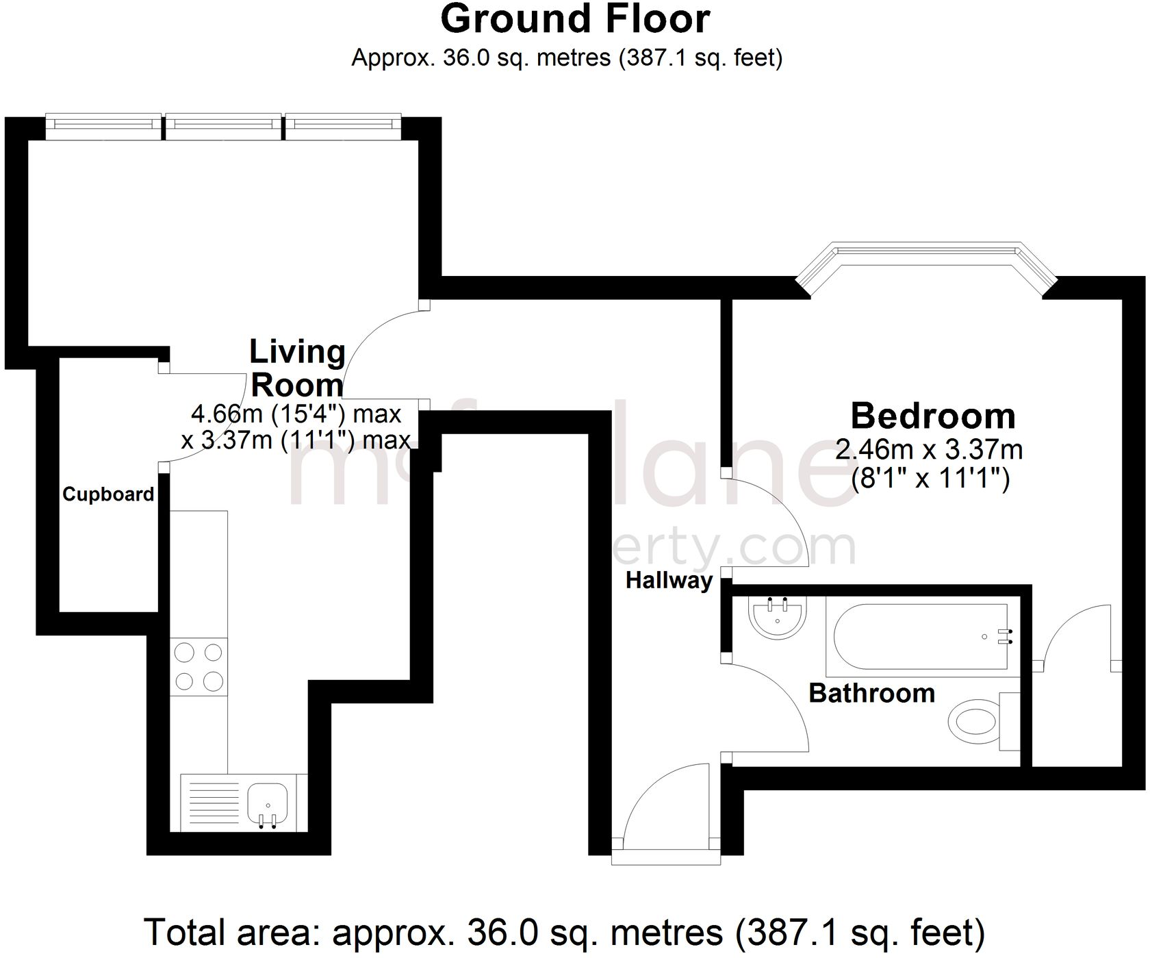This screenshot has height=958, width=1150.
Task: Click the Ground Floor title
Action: click(574, 19)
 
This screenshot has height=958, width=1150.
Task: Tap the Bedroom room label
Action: click(932, 416)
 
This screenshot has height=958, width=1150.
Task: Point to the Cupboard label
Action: click(108, 494)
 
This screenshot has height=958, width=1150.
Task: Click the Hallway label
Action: click(669, 581)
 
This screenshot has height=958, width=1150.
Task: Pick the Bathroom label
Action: click(871, 693)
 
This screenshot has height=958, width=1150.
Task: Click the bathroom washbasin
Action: click(778, 618)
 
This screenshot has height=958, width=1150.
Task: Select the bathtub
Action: click(917, 637)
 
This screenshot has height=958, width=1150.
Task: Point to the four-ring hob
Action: click(199, 667)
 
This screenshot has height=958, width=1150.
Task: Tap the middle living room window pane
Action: click(223, 124)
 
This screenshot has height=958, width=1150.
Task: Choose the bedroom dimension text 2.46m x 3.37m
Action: click(929, 451)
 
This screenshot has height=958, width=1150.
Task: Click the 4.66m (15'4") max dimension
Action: click(296, 414)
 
